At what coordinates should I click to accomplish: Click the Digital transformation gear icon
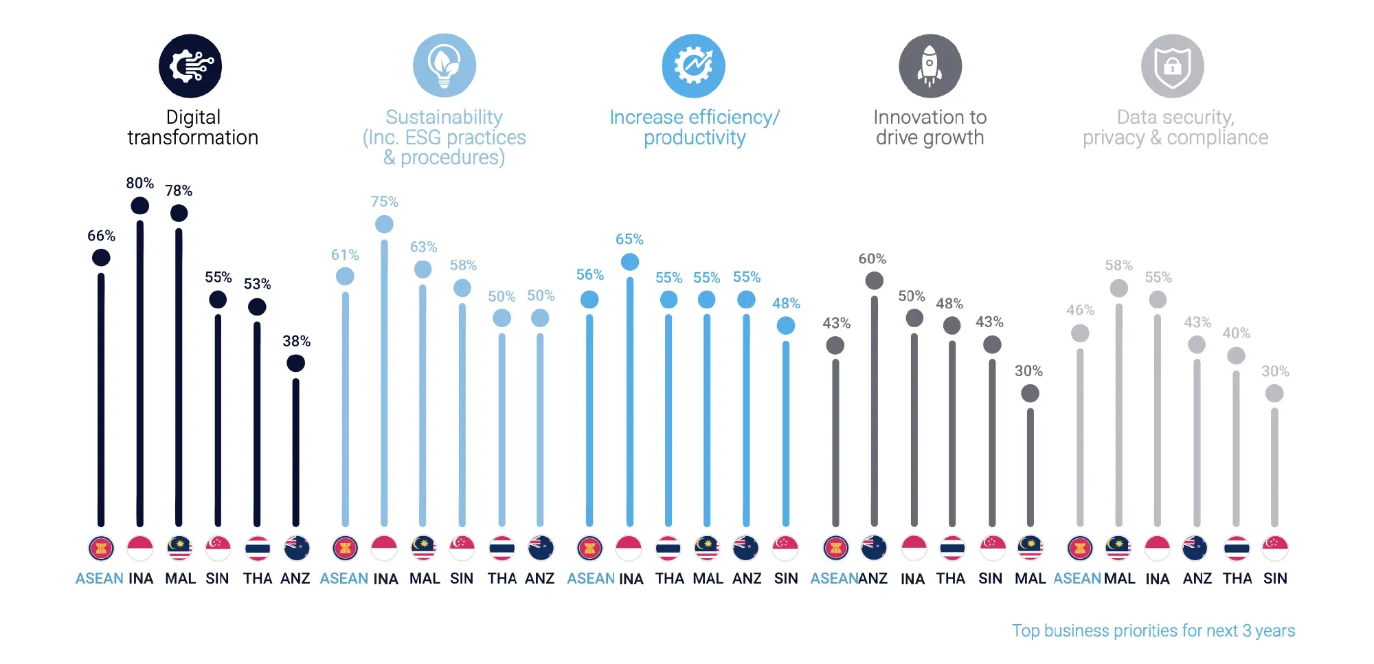pos(190,66)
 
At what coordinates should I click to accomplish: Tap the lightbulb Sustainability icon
pos(444,66)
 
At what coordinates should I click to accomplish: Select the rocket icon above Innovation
pos(930,66)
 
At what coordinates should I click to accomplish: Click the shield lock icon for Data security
pos(1172,66)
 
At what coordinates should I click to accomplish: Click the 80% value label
pos(139,183)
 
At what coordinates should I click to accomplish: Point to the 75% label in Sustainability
pos(384,201)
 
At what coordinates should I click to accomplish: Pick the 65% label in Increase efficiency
pos(629,239)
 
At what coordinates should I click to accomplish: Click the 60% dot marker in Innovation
pos(874,280)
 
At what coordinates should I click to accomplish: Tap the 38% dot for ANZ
pos(295,363)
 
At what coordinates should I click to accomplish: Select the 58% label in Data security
pos(1118,265)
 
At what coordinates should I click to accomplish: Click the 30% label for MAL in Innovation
pos(1028,371)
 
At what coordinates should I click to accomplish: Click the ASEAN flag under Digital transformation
pos(101,549)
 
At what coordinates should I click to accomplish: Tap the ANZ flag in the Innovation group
pos(874,549)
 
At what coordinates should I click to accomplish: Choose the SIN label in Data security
pos(1274,579)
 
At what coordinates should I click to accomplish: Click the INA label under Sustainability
pos(385,579)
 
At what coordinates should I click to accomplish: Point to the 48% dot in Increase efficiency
pos(785,326)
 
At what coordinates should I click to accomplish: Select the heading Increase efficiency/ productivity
pos(694,127)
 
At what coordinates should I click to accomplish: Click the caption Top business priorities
pos(1153,630)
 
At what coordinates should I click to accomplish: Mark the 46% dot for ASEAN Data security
pos(1080,333)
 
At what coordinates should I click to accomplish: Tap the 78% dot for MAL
pos(179,213)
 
